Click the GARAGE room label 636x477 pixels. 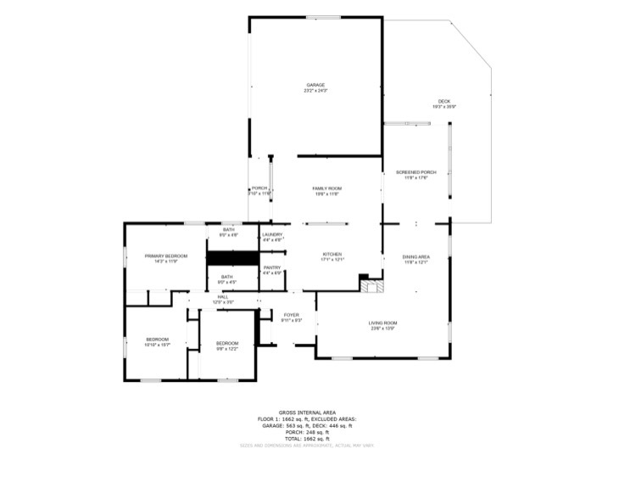coord(315,84)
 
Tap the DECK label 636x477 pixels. coord(444,101)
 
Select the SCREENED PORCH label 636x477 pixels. coord(416,172)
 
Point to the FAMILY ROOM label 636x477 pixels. coord(326,188)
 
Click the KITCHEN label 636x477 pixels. coord(332,254)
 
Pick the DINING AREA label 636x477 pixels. coord(416,256)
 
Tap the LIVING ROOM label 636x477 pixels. coord(382,323)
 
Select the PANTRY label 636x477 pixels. coord(271,267)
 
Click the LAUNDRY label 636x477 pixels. coord(271,235)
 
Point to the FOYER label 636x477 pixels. coord(291,315)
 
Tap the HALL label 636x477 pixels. coord(222,296)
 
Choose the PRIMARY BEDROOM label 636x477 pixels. coord(165,255)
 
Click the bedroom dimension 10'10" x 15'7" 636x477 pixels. coord(159,345)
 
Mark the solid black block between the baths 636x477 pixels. coord(232,257)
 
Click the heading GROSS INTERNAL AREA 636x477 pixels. coord(307,412)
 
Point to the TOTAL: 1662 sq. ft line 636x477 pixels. coord(307,438)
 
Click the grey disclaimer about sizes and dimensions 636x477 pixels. coord(307,445)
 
